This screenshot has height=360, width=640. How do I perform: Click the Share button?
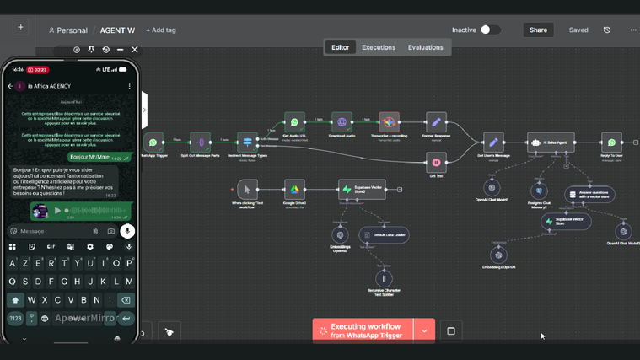click(538, 30)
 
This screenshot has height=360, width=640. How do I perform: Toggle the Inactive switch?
click(490, 30)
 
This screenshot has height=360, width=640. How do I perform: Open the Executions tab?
click(379, 47)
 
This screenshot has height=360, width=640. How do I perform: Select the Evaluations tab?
click(425, 47)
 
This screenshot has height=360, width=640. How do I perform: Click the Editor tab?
click(341, 47)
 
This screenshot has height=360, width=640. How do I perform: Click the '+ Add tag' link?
click(161, 30)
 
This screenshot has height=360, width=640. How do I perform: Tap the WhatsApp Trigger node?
click(153, 142)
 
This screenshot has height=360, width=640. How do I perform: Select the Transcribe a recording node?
click(389, 122)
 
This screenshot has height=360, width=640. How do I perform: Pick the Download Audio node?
click(342, 122)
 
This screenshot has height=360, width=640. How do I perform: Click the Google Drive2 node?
click(293, 189)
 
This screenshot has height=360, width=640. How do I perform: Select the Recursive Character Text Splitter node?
click(384, 278)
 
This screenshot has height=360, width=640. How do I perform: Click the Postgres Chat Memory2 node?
click(539, 191)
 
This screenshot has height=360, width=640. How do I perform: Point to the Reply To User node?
click(611, 142)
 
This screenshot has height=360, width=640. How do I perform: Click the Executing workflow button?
click(363, 330)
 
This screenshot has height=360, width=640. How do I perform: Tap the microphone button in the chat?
click(127, 230)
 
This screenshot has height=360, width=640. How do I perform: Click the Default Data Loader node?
click(384, 235)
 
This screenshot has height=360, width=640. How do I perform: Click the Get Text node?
click(436, 162)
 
